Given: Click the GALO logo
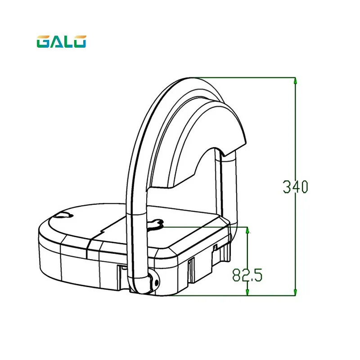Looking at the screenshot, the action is [61, 41].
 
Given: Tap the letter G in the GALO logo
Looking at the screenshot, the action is [43, 41].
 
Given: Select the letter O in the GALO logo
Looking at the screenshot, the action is [80, 41].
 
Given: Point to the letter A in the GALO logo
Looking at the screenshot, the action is [55, 42].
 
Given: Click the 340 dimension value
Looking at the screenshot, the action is [295, 187].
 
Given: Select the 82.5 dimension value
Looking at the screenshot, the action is [247, 275].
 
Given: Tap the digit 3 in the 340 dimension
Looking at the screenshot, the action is [287, 187].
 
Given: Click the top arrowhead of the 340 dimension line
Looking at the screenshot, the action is [295, 81].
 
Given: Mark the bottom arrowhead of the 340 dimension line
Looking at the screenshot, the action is [295, 292].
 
